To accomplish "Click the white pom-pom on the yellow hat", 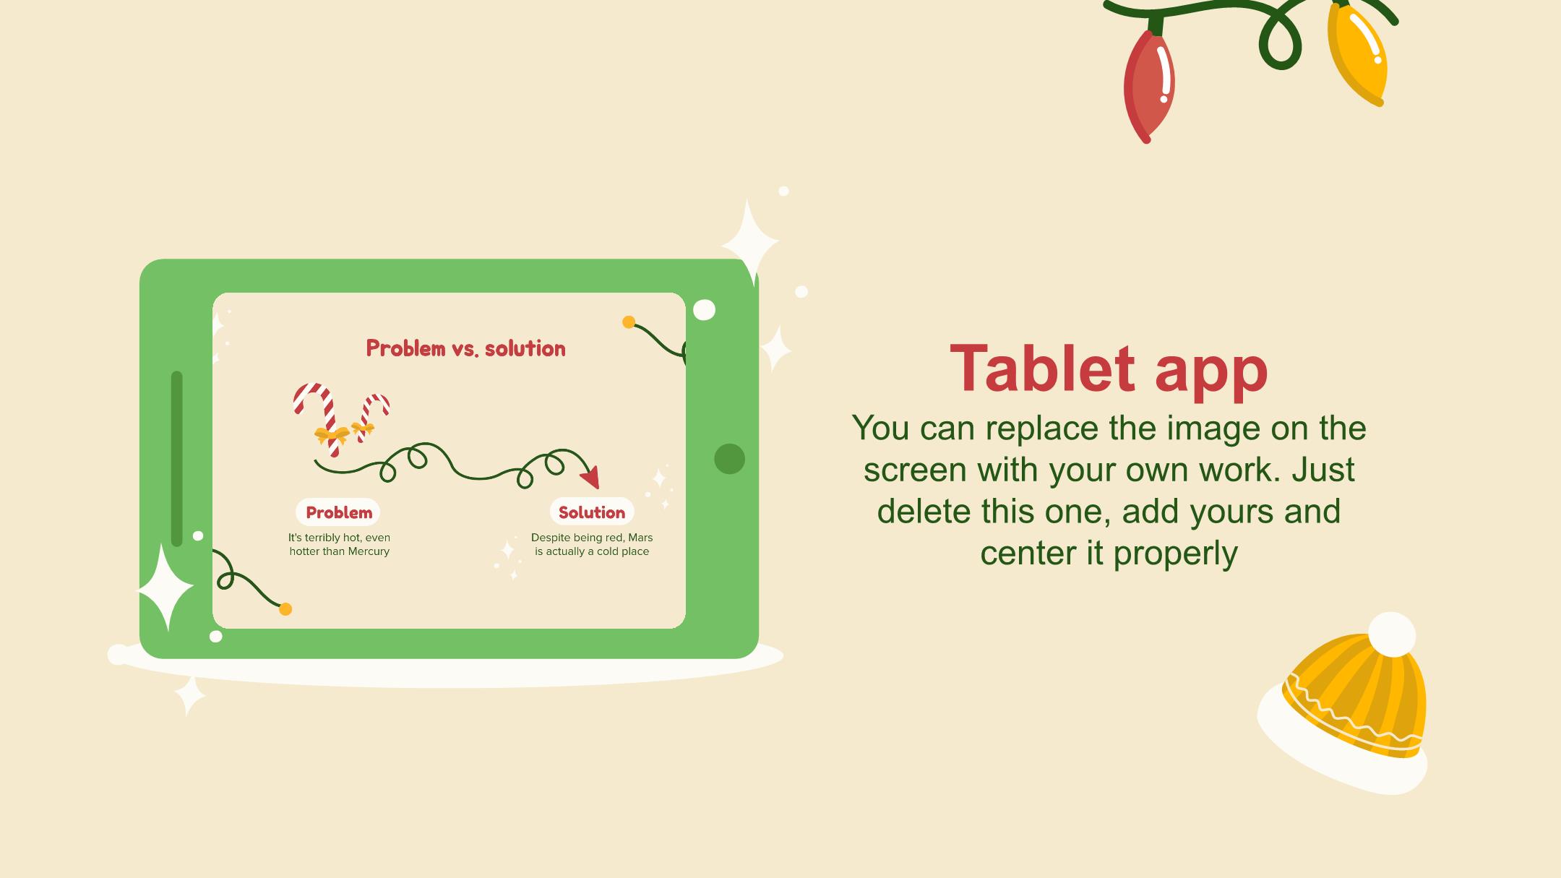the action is pyautogui.click(x=1392, y=634).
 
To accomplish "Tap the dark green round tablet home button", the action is pyautogui.click(x=729, y=459).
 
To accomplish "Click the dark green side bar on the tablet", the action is pyautogui.click(x=177, y=459).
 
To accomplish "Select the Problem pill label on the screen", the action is pyautogui.click(x=338, y=512).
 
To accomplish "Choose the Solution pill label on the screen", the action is pyautogui.click(x=592, y=512).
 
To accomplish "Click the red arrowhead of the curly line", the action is pyautogui.click(x=592, y=477).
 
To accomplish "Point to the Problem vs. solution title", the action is pyautogui.click(x=466, y=348).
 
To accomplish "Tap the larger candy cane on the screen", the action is pyautogui.click(x=318, y=418).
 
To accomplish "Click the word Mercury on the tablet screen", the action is pyautogui.click(x=369, y=551).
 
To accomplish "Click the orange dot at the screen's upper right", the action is pyautogui.click(x=629, y=322).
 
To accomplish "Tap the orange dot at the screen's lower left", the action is pyautogui.click(x=285, y=609).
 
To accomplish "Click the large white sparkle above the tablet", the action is pyautogui.click(x=750, y=240).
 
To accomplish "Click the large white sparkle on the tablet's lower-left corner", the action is pyautogui.click(x=166, y=587).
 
